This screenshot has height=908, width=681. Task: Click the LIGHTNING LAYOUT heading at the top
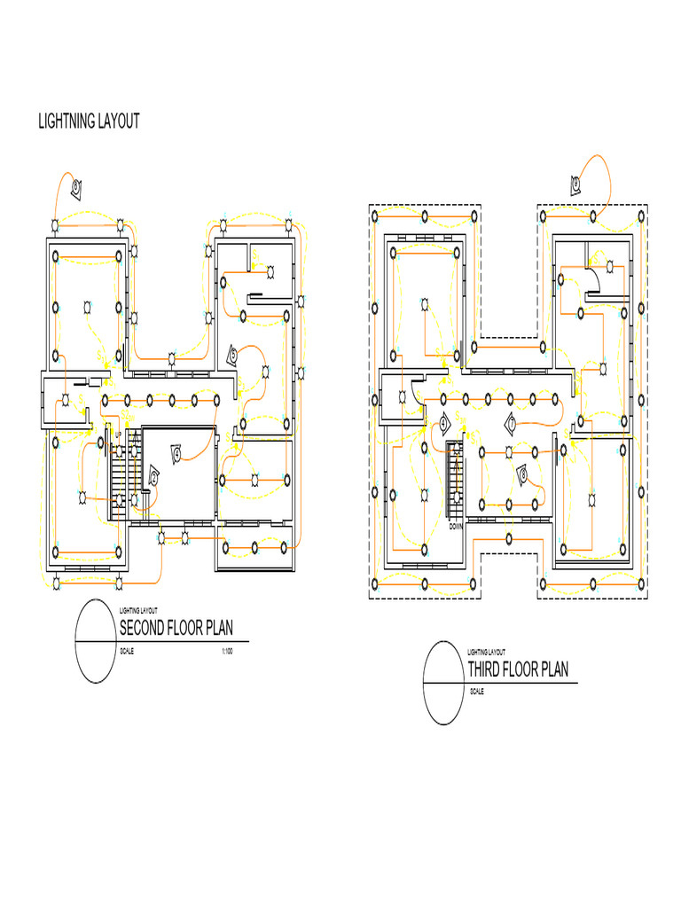[89, 121]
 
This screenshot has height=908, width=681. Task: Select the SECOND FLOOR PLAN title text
[176, 629]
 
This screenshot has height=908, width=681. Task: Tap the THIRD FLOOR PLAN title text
[518, 669]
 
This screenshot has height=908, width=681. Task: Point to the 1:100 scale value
[226, 652]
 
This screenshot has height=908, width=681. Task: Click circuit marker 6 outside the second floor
[77, 186]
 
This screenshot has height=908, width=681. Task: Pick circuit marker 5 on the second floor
[232, 356]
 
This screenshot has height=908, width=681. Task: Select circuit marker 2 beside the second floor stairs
[154, 478]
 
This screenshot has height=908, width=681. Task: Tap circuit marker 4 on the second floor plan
[177, 454]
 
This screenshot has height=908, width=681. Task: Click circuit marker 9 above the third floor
[575, 184]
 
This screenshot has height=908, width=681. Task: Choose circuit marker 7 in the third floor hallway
[512, 424]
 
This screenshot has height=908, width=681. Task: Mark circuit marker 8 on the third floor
[523, 475]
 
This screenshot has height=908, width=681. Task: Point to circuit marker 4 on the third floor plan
[443, 424]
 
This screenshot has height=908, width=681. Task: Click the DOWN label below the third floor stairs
[456, 526]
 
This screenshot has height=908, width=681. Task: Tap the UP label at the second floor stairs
[118, 434]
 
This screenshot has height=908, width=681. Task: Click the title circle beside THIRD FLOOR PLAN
[445, 683]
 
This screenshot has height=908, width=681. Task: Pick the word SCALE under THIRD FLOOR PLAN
[477, 692]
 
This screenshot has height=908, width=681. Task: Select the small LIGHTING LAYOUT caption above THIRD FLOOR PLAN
[486, 651]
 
